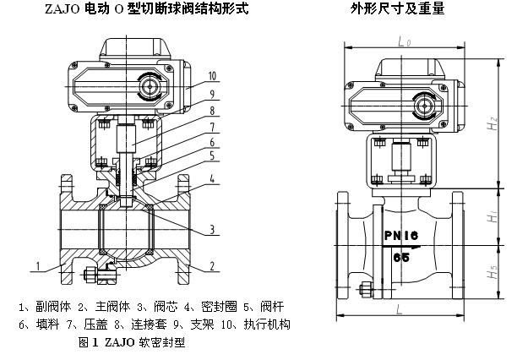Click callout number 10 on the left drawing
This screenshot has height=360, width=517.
[x=212, y=75]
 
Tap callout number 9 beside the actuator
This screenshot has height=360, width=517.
[x=212, y=93]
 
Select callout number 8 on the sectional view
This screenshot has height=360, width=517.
[x=212, y=110]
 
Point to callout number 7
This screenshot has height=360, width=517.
[x=212, y=127]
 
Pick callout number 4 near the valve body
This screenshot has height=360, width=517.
[x=212, y=178]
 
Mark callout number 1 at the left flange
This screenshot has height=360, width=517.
[x=38, y=267]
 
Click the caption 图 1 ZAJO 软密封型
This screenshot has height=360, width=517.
[x=131, y=344]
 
